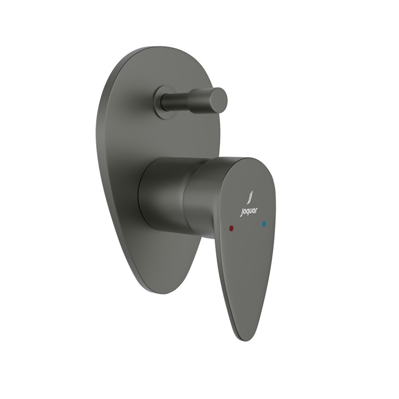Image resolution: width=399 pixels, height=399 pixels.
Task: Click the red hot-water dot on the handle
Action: [x=232, y=228]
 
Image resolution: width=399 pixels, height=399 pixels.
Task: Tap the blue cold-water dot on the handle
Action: [x=264, y=224]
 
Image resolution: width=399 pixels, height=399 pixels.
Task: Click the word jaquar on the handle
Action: [x=249, y=211]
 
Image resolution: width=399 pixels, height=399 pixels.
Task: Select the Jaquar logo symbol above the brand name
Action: [x=250, y=197]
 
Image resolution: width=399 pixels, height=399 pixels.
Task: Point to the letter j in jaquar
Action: [x=241, y=212]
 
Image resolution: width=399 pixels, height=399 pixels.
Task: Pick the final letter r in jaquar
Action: [x=256, y=210]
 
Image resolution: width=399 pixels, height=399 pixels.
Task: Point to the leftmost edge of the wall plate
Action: [x=96, y=137]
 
